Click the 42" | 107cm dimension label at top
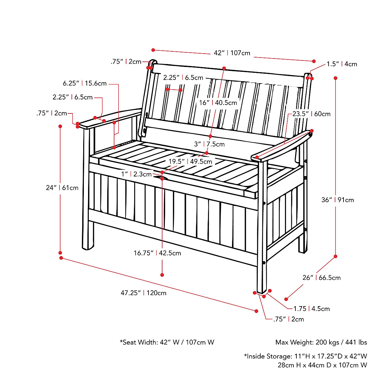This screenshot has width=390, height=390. click(232, 53)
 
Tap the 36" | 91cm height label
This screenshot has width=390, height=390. click(338, 200)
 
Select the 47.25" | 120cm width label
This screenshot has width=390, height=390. click(143, 293)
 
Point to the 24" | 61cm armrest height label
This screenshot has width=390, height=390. click(62, 188)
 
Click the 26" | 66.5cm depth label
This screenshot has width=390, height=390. click(321, 278)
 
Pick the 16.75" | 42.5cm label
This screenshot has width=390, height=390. click(157, 253)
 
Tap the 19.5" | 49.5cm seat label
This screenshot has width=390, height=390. click(190, 162)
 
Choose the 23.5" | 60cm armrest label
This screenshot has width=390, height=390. click(311, 114)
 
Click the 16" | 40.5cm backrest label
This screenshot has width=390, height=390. click(218, 103)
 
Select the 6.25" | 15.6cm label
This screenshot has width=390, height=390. click(85, 84)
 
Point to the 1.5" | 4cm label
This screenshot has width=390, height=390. click(342, 64)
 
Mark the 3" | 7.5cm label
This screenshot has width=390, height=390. click(209, 144)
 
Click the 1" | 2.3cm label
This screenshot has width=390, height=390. click(136, 174)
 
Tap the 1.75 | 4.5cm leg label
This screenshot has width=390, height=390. click(311, 309)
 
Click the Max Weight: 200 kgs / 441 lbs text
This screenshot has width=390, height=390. click(321, 342)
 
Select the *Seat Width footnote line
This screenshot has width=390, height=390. click(167, 342)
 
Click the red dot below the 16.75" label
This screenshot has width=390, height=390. click(162, 275)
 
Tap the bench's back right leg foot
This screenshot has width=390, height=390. click(303, 250)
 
